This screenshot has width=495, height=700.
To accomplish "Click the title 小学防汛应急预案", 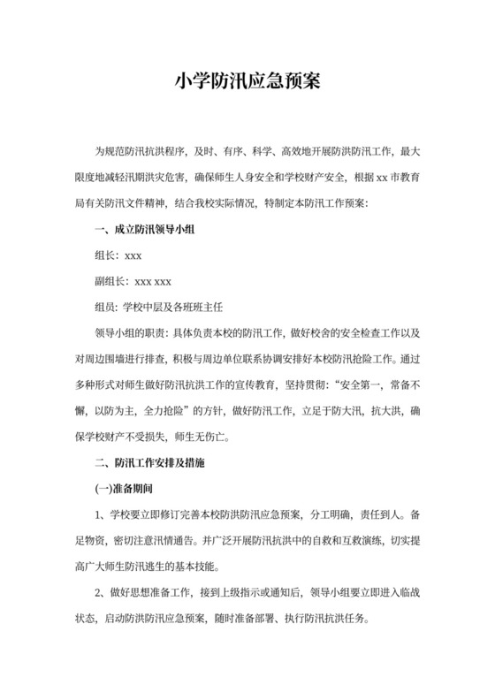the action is click(247, 82).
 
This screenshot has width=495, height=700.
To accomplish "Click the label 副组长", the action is click(110, 283).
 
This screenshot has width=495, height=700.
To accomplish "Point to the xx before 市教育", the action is click(382, 180).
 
